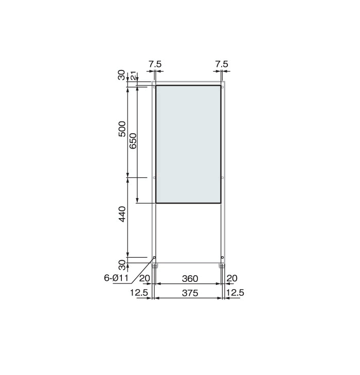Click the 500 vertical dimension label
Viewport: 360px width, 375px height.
[x=122, y=129]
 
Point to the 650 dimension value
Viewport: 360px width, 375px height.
[x=133, y=140]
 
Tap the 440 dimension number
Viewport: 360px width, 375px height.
[x=122, y=215]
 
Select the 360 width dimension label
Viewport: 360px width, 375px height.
[x=190, y=279]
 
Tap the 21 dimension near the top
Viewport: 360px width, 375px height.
[x=133, y=76]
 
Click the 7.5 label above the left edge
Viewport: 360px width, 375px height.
[x=155, y=64]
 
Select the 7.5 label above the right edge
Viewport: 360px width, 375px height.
[x=221, y=64]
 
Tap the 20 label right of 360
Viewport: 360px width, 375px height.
[x=232, y=278]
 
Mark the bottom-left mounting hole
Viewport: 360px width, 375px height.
[x=154, y=257]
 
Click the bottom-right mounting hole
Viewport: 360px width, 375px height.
[x=222, y=257]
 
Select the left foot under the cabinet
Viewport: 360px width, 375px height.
[x=155, y=266]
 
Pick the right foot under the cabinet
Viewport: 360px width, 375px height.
[x=222, y=266]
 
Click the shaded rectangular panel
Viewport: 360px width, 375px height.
[x=188, y=144]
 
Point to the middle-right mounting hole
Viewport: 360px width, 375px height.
[x=222, y=177]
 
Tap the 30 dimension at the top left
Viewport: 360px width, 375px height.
[x=122, y=75]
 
